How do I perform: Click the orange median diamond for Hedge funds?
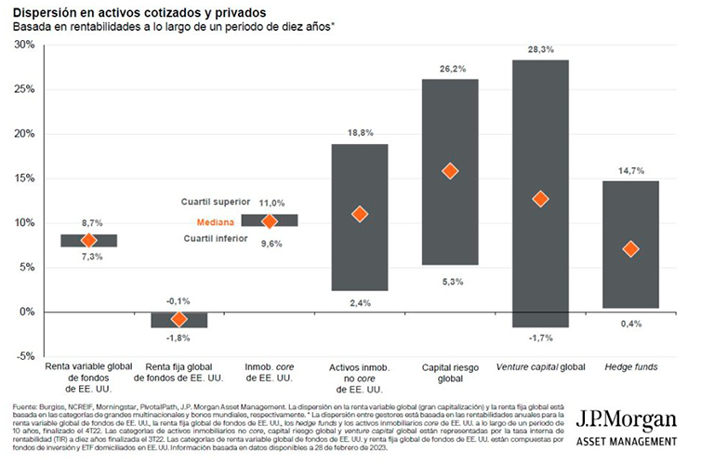631,248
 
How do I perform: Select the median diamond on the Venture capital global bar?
540,199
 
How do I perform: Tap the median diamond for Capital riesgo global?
450,171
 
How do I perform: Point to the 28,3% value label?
540,49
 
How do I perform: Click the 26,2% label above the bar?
450,69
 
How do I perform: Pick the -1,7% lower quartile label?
540,338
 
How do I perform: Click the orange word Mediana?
214,222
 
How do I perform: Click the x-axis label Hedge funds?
631,367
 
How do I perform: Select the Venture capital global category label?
540,367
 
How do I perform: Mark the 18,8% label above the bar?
360,134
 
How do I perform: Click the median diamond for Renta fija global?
179,319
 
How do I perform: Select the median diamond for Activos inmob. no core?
360,214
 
